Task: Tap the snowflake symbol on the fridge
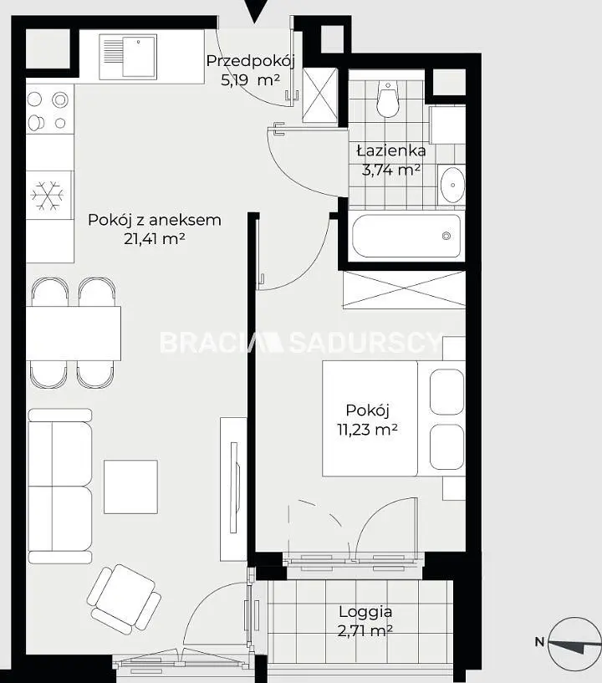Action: click(x=47, y=195)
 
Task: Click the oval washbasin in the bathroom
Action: click(x=452, y=185)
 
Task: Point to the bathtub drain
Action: click(x=446, y=236)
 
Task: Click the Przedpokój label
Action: click(x=251, y=61)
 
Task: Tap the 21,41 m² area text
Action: click(x=155, y=239)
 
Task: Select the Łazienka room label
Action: click(x=391, y=150)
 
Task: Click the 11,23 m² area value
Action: click(x=367, y=430)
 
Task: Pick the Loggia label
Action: click(x=365, y=612)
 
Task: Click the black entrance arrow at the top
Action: click(x=254, y=12)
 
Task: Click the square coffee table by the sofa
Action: click(x=130, y=487)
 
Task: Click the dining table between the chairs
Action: click(x=74, y=334)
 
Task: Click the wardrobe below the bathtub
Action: click(x=404, y=289)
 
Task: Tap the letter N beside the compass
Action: click(x=540, y=642)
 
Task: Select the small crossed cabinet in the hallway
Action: click(x=320, y=95)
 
